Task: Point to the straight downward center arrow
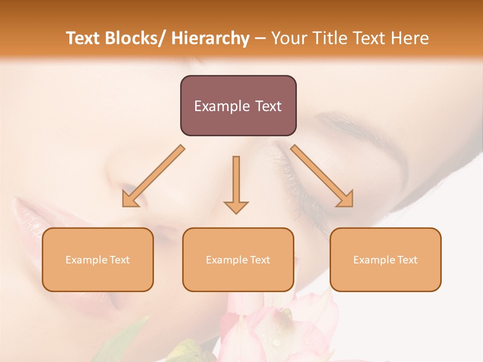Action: point(236,184)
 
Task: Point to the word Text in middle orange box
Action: point(260,260)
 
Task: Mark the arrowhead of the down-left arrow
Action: point(129,199)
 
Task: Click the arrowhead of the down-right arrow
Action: point(346,199)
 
